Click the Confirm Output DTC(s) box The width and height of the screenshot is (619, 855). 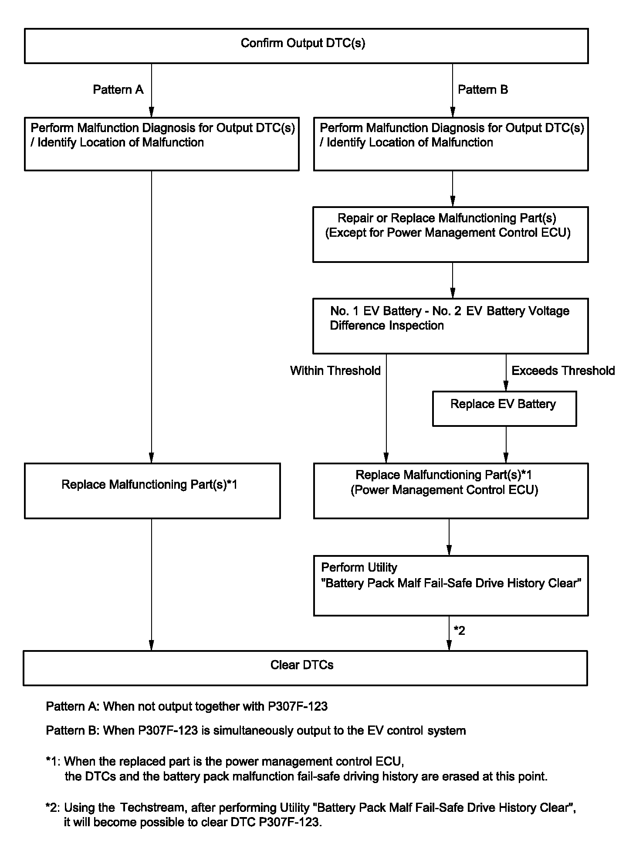[306, 46]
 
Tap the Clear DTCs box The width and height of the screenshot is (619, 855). [305, 668]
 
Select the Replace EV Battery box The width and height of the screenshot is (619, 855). [504, 409]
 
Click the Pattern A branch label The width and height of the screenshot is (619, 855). [118, 90]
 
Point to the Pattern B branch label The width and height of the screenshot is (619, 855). [483, 90]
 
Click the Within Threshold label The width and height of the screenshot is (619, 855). [335, 371]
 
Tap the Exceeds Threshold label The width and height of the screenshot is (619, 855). [563, 371]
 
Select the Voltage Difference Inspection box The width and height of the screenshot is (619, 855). [450, 326]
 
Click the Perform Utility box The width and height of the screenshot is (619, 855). [451, 585]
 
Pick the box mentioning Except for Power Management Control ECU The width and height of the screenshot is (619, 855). [450, 235]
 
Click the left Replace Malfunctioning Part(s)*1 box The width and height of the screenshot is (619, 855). [152, 491]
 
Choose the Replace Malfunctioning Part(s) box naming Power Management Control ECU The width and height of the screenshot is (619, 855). [451, 491]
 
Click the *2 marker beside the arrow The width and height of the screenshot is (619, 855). [460, 630]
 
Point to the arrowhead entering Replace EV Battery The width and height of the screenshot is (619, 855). [506, 386]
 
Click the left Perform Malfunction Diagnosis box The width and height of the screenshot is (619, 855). [162, 143]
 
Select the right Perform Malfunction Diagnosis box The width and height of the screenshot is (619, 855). [451, 143]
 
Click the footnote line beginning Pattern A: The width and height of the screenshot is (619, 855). [187, 706]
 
